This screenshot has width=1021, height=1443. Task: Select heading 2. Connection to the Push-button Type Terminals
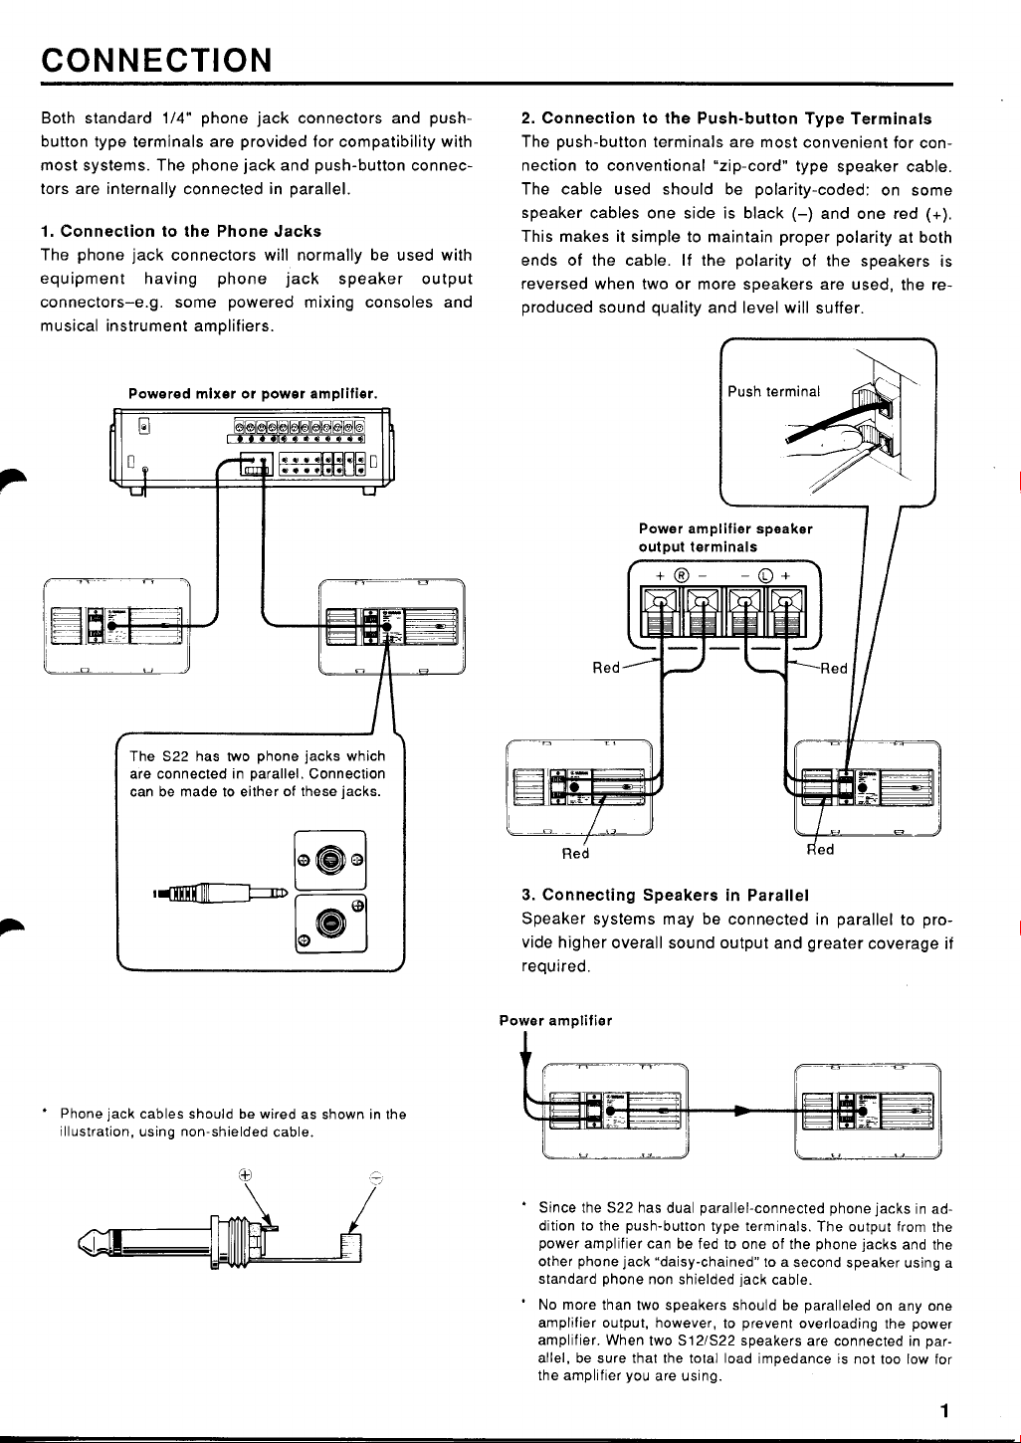(726, 118)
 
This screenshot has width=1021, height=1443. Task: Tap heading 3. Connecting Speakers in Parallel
(665, 895)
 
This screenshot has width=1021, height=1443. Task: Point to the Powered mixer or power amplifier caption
(253, 394)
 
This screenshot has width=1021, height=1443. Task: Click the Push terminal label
(774, 391)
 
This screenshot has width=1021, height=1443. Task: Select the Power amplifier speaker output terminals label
(725, 537)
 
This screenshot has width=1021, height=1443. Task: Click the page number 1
(944, 1409)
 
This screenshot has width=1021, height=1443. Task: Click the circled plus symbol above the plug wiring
(245, 1173)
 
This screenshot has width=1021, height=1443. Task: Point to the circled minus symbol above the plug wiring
(375, 1175)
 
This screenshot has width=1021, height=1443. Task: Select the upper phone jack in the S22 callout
(329, 859)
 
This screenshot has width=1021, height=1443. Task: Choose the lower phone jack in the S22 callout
(329, 923)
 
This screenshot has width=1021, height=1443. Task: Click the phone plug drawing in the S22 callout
(219, 893)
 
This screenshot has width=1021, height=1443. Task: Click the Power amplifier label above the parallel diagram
(555, 1020)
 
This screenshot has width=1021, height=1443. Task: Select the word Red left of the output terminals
(606, 668)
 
